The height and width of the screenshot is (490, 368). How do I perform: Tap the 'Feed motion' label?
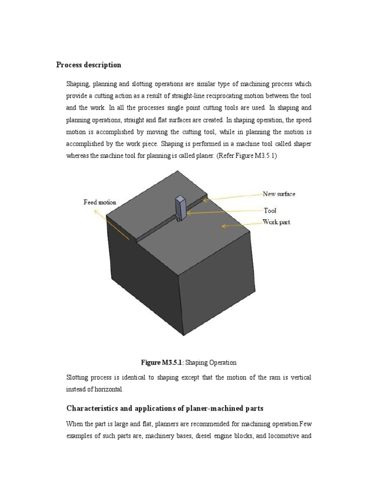pyautogui.click(x=100, y=202)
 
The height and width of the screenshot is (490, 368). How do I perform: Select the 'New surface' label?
pyautogui.click(x=279, y=194)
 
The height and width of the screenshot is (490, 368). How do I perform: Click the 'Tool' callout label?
pyautogui.click(x=270, y=210)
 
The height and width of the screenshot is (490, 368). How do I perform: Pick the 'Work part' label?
pyautogui.click(x=276, y=222)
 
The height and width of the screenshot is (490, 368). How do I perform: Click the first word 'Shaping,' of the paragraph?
pyautogui.click(x=78, y=84)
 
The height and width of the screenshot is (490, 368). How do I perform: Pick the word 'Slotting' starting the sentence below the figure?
pyautogui.click(x=77, y=378)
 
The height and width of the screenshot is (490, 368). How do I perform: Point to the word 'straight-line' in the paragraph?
pyautogui.click(x=189, y=96)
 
